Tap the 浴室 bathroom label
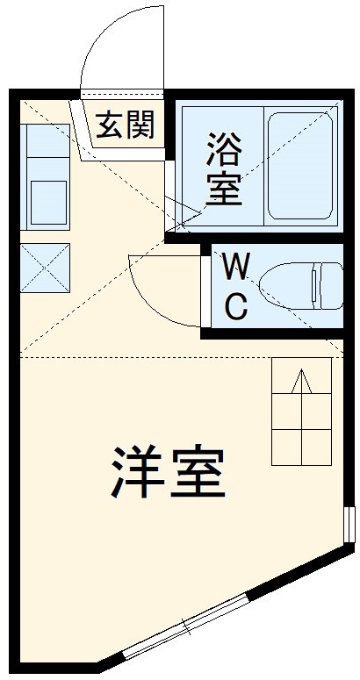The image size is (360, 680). [x=224, y=167]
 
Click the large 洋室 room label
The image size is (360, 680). [x=169, y=471]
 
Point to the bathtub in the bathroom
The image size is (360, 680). [x=301, y=166]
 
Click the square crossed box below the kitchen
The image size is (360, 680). [x=45, y=267]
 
